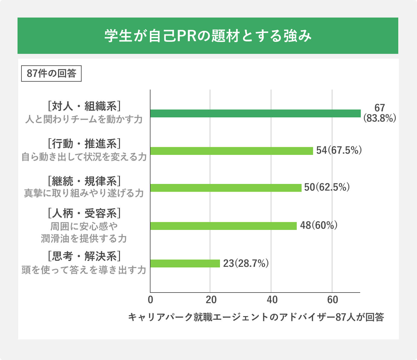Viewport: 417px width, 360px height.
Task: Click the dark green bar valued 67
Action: tap(255, 113)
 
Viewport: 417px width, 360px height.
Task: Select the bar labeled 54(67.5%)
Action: tap(231, 151)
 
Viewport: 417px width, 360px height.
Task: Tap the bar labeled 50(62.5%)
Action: tap(226, 188)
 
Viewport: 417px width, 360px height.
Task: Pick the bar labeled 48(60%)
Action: tap(223, 226)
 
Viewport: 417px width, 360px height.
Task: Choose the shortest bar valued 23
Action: tap(185, 263)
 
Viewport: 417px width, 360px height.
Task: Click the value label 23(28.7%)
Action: tap(246, 263)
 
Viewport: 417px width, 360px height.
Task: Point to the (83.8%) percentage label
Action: tap(380, 118)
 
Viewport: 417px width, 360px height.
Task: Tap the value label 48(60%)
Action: tap(318, 225)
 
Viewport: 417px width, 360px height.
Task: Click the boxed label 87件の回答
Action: tap(51, 74)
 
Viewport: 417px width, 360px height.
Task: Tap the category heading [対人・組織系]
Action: tap(84, 106)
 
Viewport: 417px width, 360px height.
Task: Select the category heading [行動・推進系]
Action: tap(84, 144)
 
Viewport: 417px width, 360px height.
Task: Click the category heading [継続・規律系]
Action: tap(84, 181)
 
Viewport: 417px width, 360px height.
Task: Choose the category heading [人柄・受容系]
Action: tap(84, 214)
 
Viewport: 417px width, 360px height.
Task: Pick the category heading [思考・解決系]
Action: tap(84, 257)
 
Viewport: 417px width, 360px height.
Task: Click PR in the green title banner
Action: tap(186, 36)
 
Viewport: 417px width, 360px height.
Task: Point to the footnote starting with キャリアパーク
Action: tap(256, 317)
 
